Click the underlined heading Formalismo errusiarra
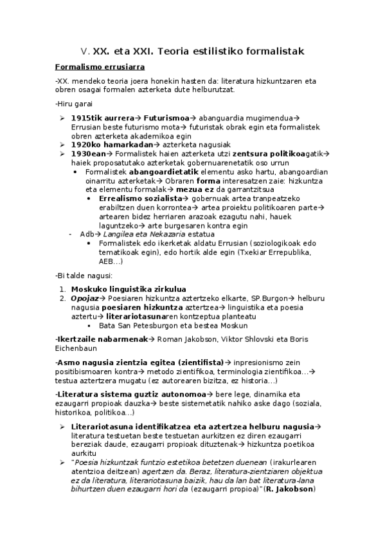pyautogui.click(x=100, y=66)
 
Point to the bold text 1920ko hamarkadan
pyautogui.click(x=107, y=145)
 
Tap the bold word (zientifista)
pyautogui.click(x=194, y=362)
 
